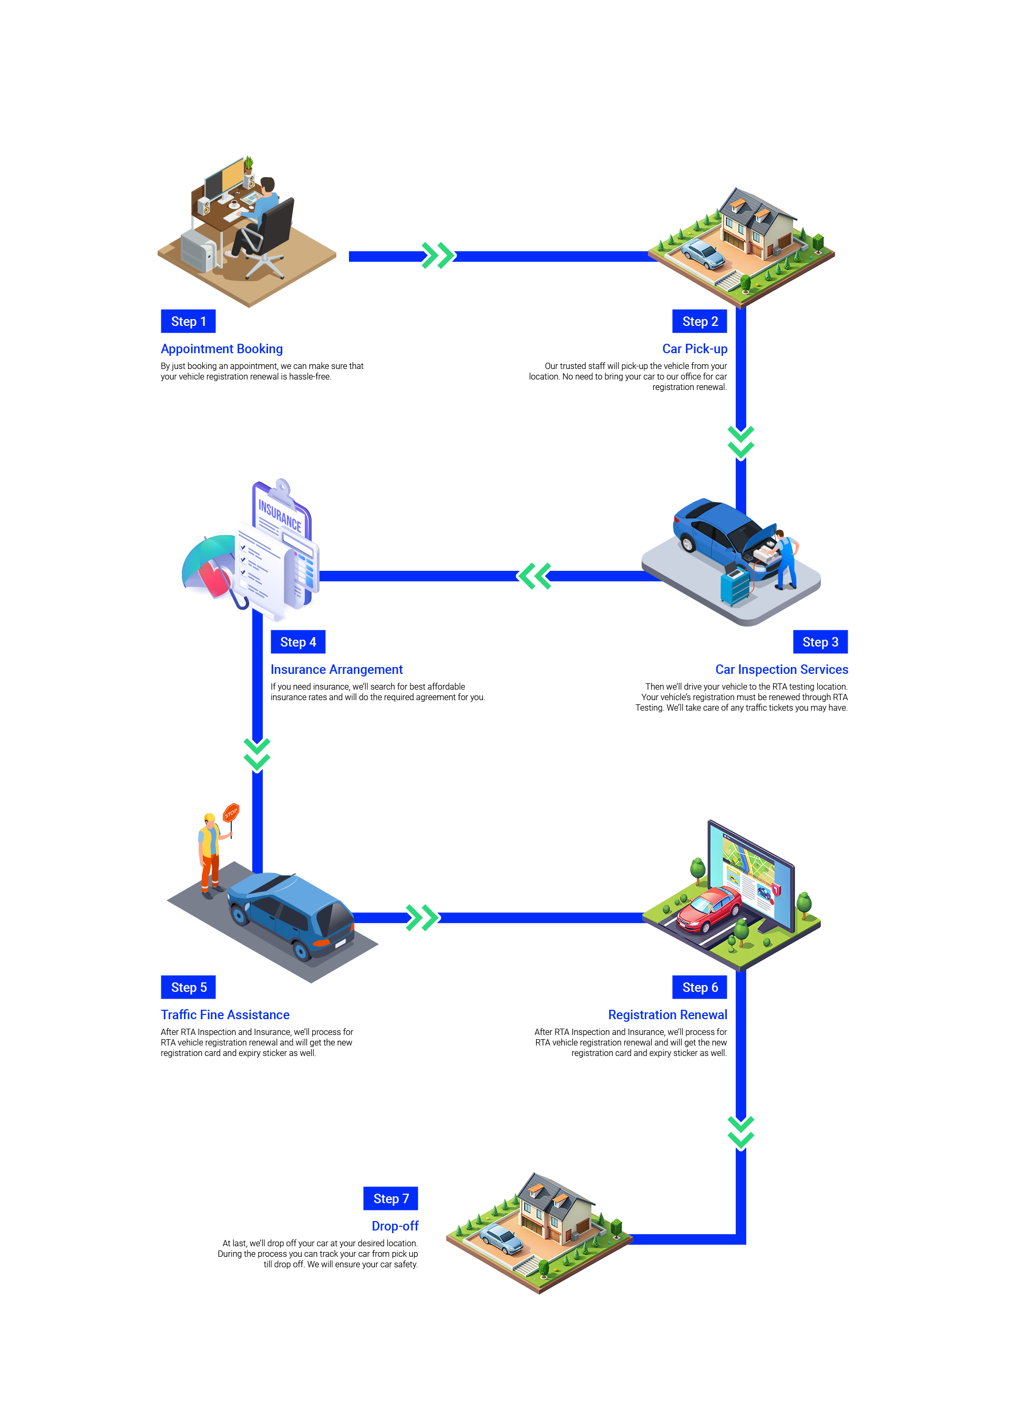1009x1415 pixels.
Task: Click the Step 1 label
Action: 188,321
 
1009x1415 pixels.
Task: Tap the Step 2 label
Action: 699,321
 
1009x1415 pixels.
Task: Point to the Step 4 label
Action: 297,642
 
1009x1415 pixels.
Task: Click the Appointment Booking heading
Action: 218,348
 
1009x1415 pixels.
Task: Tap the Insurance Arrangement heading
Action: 337,669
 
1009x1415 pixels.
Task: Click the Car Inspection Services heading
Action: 784,669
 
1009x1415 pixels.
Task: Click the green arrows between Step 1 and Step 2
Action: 437,256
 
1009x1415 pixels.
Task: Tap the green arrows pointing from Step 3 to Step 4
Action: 534,576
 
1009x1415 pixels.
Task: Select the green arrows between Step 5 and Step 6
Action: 421,917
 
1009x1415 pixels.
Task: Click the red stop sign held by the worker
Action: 231,812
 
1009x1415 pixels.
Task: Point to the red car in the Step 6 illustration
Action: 709,909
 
